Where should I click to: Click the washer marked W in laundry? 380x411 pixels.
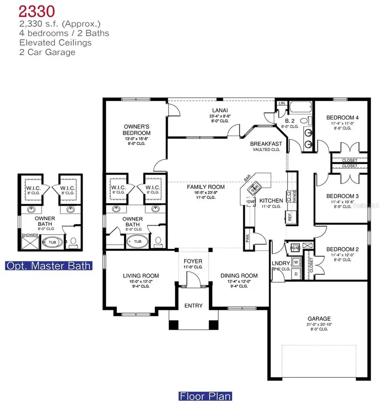296,262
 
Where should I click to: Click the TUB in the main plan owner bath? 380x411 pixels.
138,241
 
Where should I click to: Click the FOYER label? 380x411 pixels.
193,261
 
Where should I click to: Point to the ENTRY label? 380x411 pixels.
193,306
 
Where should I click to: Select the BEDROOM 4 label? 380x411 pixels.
342,118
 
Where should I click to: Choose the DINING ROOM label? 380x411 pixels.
239,276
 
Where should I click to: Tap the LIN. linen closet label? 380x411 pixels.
282,103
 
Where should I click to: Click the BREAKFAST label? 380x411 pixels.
266,143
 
